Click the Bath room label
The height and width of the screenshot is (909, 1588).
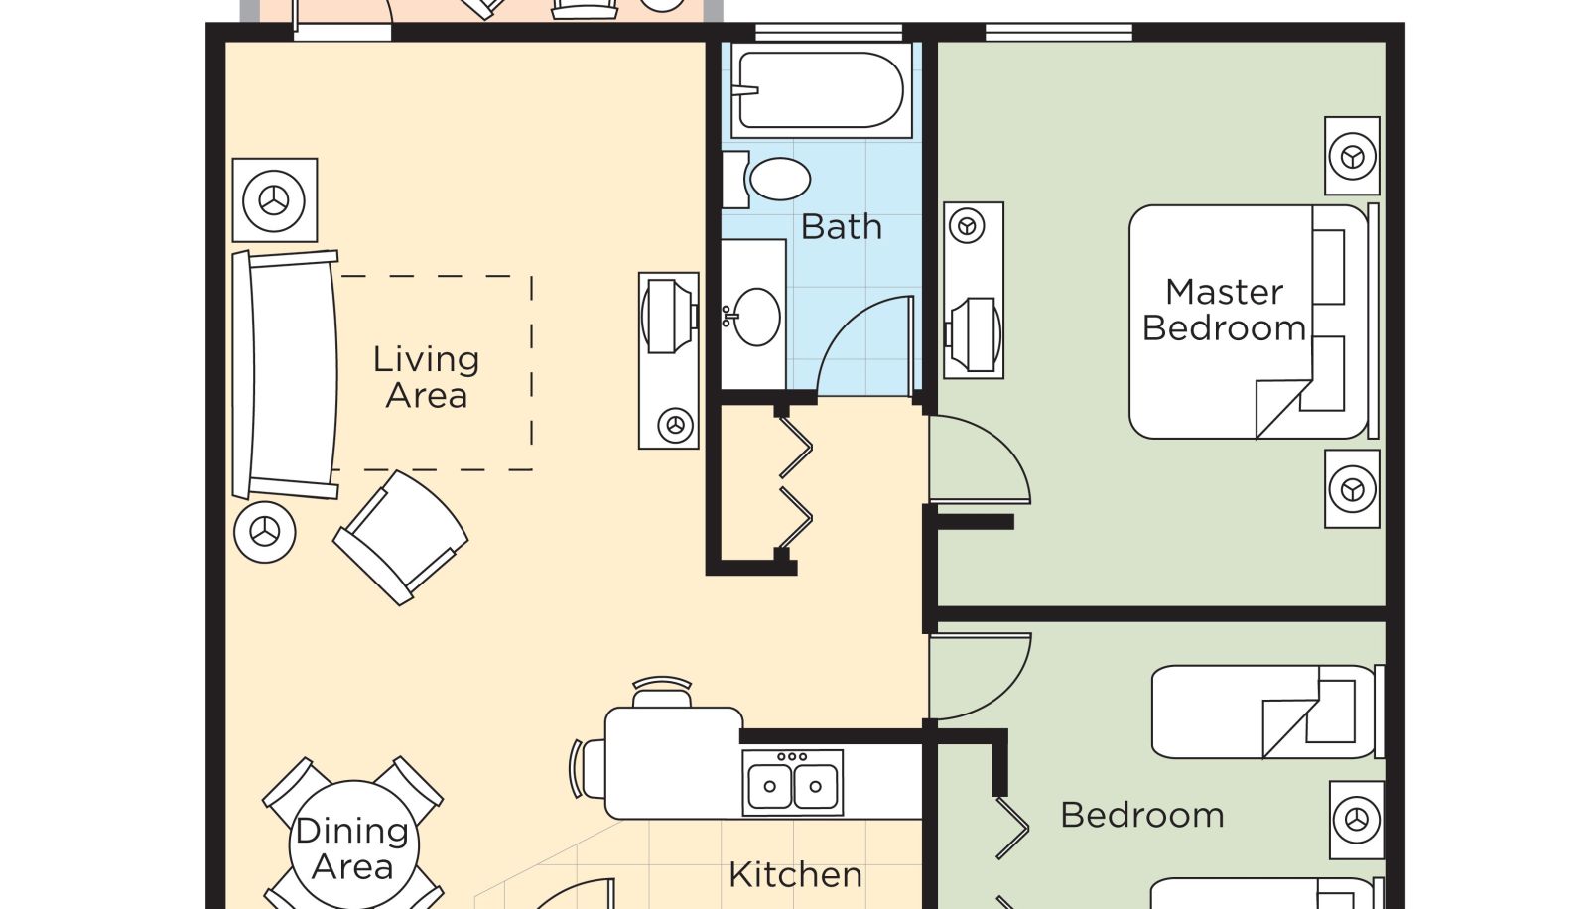pos(841,227)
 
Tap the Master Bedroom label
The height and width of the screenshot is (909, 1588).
pos(1225,310)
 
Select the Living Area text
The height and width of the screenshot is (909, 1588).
pos(426,377)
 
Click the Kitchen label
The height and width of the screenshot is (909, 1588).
pos(795,875)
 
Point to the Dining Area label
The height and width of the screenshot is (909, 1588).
pos(351,848)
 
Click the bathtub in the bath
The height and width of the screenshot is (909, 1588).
pos(821,90)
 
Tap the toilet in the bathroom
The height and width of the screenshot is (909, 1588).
pos(768,179)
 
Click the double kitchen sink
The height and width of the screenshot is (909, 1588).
pos(793,783)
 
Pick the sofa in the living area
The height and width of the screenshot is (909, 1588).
pos(286,374)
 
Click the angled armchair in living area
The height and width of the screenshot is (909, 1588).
pos(401,538)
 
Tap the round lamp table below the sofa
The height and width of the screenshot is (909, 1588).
pos(264,532)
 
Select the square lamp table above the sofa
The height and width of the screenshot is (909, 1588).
pos(274,199)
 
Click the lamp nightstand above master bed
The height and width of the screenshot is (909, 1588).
pos(1352,155)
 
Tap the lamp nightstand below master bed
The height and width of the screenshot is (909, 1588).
pos(1352,488)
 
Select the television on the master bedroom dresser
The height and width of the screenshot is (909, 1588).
pos(974,334)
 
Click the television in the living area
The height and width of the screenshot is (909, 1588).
pos(669,317)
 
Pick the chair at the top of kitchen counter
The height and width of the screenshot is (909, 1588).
pos(661,692)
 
